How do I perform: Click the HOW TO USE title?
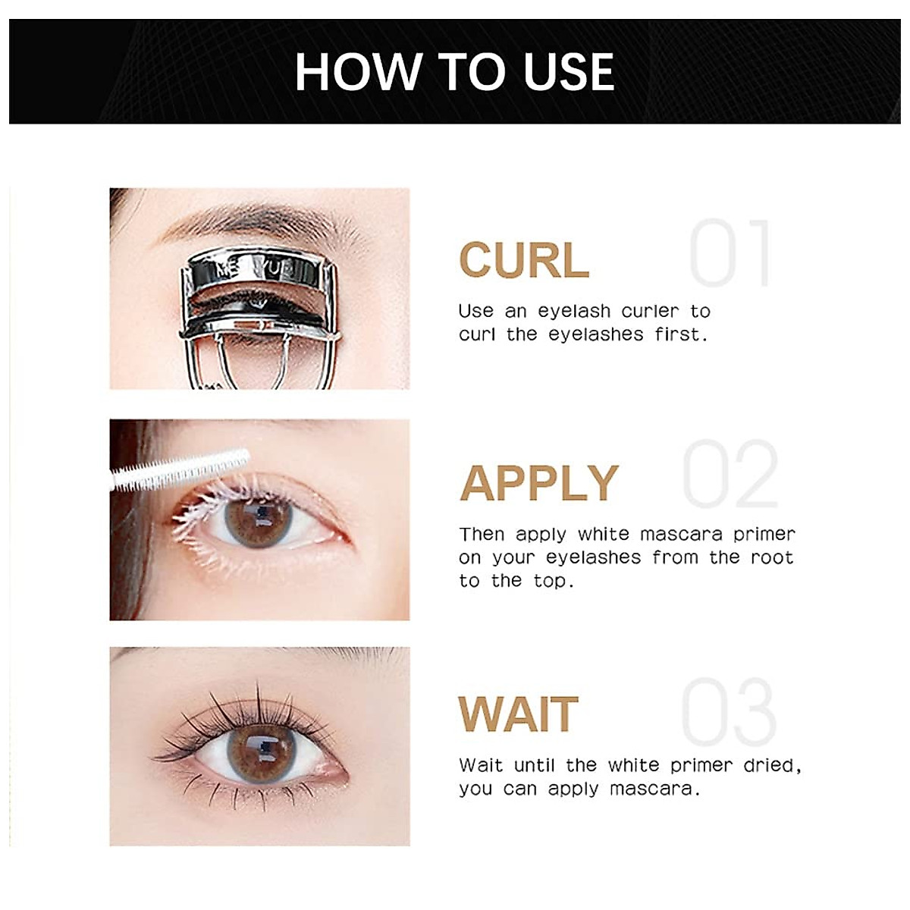pos(454,72)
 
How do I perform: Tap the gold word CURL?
pos(524,260)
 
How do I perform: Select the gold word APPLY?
pos(539,483)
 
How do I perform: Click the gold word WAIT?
pos(519,714)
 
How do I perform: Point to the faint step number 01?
pos(731,254)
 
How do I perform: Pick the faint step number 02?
pos(731,475)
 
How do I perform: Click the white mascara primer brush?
pos(180,469)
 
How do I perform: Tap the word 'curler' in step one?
pos(650,311)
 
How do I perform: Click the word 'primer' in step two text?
pos(764,535)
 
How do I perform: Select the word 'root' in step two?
pos(772,557)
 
